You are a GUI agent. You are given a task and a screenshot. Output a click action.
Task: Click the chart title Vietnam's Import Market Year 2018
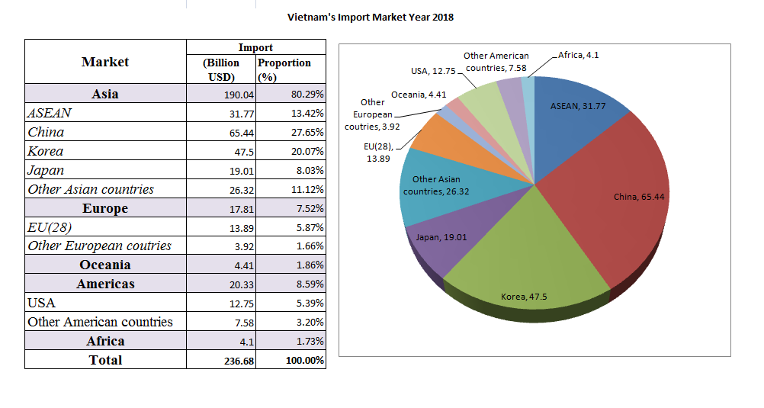click(370, 17)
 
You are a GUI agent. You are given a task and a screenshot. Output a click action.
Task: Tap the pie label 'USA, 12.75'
click(432, 71)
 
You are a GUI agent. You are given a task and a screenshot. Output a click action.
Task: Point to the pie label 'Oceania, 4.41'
click(418, 95)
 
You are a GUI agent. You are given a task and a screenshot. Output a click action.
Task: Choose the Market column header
click(105, 62)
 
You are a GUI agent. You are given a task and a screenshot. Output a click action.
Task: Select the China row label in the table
click(46, 132)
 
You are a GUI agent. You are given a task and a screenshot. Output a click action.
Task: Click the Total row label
click(105, 360)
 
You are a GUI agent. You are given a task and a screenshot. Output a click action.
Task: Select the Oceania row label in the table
click(105, 265)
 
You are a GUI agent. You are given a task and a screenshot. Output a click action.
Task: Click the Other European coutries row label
click(99, 246)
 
